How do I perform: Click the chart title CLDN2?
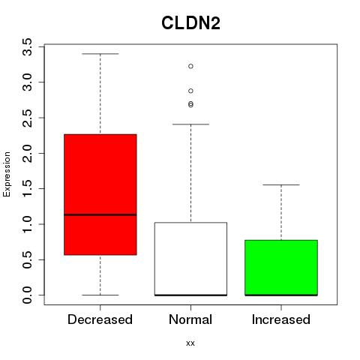click(190, 23)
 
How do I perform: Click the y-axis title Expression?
click(7, 174)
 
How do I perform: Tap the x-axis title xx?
click(190, 343)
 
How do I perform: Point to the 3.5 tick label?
click(27, 46)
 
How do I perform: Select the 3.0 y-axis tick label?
click(27, 82)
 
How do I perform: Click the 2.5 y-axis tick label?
click(27, 118)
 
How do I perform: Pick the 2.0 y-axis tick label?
click(27, 153)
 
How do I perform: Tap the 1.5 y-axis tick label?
click(27, 189)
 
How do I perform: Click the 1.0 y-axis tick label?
click(27, 224)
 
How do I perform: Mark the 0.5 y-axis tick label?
click(27, 259)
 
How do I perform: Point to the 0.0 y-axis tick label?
click(27, 295)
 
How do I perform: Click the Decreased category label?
click(100, 319)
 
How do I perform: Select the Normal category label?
click(190, 319)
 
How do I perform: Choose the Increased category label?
click(281, 319)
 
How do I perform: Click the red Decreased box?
click(100, 194)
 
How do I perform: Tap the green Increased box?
click(281, 268)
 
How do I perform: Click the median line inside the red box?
click(100, 214)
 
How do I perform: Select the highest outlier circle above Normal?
click(190, 66)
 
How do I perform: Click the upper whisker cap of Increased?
click(281, 184)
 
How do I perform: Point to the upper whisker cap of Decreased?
click(100, 54)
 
